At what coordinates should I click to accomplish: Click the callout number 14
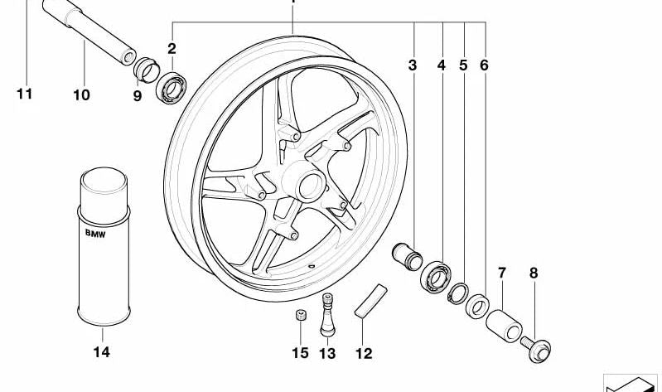pyautogui.click(x=101, y=352)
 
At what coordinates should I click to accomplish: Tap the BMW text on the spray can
pyautogui.click(x=95, y=233)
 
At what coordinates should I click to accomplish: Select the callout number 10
pyautogui.click(x=81, y=95)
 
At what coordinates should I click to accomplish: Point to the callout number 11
pyautogui.click(x=25, y=94)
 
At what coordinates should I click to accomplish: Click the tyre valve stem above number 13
pyautogui.click(x=327, y=315)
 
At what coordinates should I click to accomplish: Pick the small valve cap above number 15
pyautogui.click(x=300, y=315)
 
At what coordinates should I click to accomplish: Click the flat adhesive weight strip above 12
pyautogui.click(x=370, y=301)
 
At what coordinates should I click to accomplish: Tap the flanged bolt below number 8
pyautogui.click(x=536, y=350)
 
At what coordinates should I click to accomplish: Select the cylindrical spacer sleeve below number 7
pyautogui.click(x=504, y=326)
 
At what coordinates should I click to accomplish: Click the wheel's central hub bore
pyautogui.click(x=311, y=186)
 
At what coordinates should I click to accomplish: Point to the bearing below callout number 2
pyautogui.click(x=171, y=89)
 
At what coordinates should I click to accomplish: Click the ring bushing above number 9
pyautogui.click(x=146, y=70)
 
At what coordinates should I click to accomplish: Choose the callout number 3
pyautogui.click(x=413, y=65)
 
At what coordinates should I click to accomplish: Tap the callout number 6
pyautogui.click(x=484, y=65)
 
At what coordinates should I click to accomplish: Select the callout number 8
pyautogui.click(x=534, y=273)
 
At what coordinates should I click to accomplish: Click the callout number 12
pyautogui.click(x=364, y=353)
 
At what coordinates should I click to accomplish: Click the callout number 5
pyautogui.click(x=463, y=65)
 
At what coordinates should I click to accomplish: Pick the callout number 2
pyautogui.click(x=172, y=49)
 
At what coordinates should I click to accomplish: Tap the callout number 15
pyautogui.click(x=300, y=353)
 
